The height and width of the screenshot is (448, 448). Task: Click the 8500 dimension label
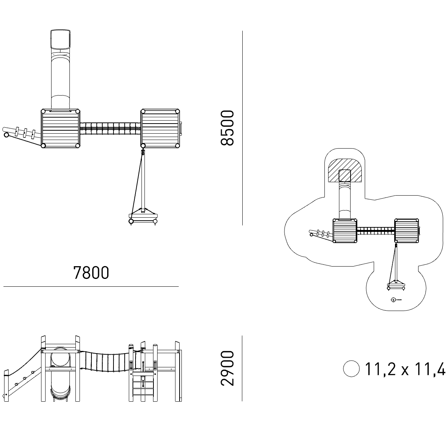pos(227,128)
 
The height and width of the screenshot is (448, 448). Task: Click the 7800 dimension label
pos(91,273)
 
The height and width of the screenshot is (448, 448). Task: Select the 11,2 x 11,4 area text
pos(405,369)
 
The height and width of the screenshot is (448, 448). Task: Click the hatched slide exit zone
pos(345,171)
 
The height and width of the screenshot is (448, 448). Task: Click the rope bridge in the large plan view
pos(110,128)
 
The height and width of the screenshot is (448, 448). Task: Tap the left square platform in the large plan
pos(60,128)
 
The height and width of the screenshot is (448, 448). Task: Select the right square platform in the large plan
pos(160,128)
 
